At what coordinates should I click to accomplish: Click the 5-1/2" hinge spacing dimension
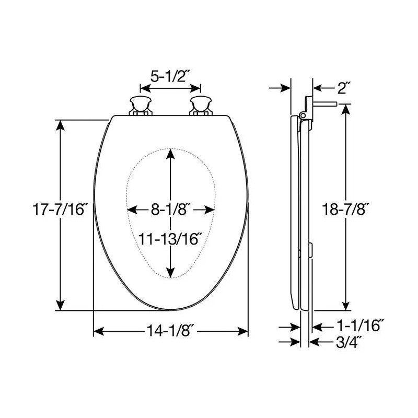(x=168, y=77)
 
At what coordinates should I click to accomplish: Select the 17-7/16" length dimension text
(x=60, y=210)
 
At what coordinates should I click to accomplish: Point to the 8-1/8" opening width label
(x=171, y=210)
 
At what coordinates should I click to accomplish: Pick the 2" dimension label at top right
(x=342, y=88)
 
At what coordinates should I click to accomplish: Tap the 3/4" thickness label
(x=349, y=342)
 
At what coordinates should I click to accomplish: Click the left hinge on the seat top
(x=141, y=106)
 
